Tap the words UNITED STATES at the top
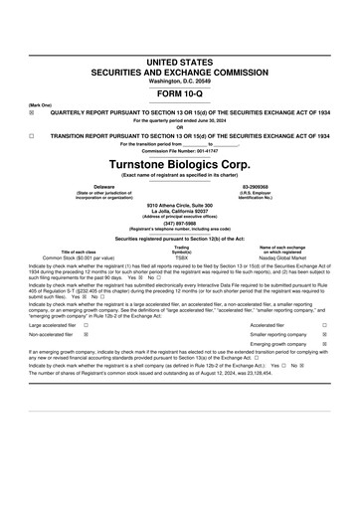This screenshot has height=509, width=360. point(179,62)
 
